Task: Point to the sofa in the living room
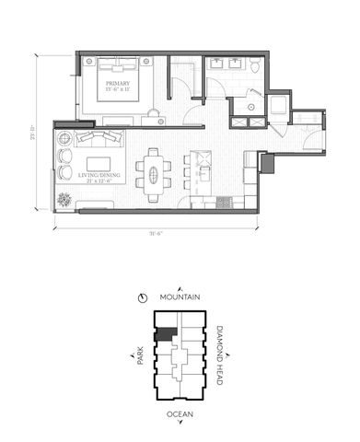tap(97, 139)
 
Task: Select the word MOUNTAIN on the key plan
tap(180, 298)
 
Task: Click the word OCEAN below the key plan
tap(180, 415)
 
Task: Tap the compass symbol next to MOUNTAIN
tap(144, 298)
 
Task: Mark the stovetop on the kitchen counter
tap(226, 201)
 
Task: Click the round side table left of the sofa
tap(64, 140)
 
